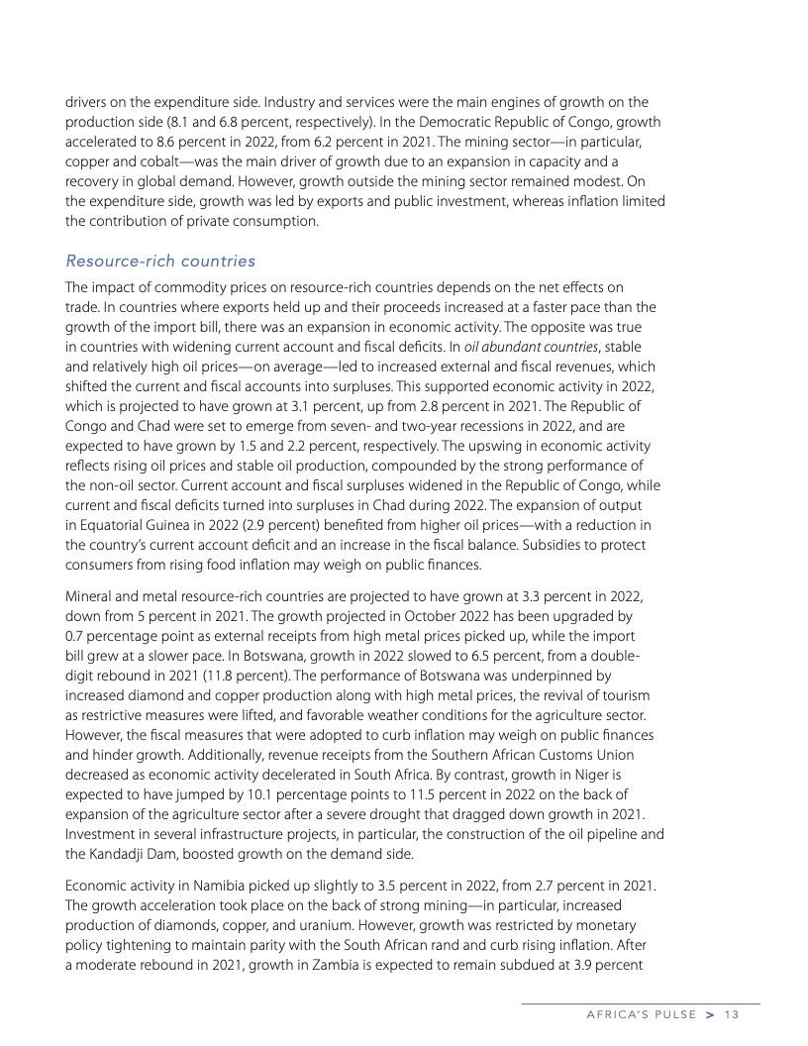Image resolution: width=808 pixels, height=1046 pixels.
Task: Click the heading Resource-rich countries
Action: pyautogui.click(x=160, y=261)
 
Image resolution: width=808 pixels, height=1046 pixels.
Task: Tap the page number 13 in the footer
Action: pyautogui.click(x=732, y=1014)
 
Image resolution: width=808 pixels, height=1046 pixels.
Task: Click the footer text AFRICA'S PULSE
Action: pyautogui.click(x=643, y=1014)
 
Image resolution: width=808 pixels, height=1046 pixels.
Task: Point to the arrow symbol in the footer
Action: pyautogui.click(x=710, y=1014)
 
